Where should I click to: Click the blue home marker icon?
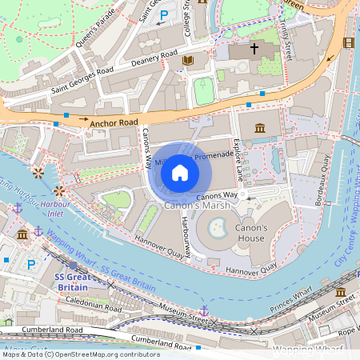click(180, 173)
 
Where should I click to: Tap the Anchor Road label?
click(114, 123)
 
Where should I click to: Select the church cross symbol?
click(255, 49)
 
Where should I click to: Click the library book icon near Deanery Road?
click(188, 60)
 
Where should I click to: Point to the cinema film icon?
click(347, 42)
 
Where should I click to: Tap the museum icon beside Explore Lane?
click(260, 128)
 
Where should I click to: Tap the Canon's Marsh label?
click(197, 206)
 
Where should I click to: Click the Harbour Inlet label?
click(57, 209)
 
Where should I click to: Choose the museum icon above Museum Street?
click(340, 292)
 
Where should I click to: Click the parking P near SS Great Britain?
click(31, 265)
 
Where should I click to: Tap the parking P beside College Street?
click(165, 15)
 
